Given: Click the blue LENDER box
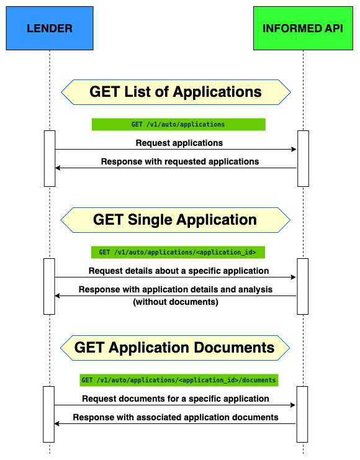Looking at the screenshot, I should point(50,29).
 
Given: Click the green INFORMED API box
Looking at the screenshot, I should point(303,29).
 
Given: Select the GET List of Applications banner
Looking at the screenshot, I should point(176,92).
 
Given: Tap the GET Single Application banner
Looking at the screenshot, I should point(176,220).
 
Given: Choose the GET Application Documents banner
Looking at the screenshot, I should point(176,348).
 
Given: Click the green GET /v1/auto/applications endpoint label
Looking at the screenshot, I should point(178,124).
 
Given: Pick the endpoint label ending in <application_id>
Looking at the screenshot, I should point(178,252).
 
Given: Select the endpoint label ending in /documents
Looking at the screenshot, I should point(178,380).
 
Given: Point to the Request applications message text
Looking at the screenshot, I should point(179,143).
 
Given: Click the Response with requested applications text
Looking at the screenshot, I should point(179,161).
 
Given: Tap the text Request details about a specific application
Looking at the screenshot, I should point(179,271).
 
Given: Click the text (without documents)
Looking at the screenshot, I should point(175,302).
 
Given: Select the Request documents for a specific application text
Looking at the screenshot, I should point(176,399).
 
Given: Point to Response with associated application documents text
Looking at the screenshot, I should point(176,417).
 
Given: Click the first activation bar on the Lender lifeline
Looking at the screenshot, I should point(50,158).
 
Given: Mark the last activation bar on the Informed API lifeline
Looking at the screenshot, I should point(303,414).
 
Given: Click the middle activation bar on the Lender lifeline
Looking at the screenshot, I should point(50,286).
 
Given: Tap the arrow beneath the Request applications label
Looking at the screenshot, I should point(176,150).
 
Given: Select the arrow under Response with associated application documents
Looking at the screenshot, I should point(176,424).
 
